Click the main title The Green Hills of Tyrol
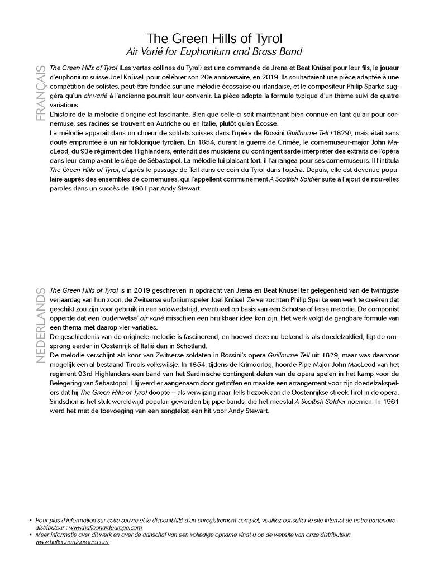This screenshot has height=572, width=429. (x=214, y=39)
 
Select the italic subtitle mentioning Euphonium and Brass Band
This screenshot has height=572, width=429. (x=214, y=51)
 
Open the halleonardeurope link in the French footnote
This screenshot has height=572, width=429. (x=106, y=527)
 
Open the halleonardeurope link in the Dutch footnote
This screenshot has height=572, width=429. (x=72, y=542)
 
